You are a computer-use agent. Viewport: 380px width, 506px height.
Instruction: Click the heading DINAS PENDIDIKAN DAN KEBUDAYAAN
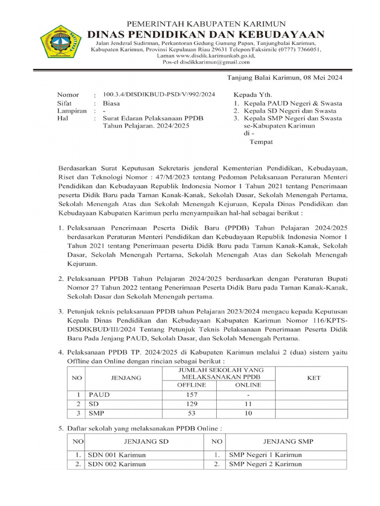click(206, 34)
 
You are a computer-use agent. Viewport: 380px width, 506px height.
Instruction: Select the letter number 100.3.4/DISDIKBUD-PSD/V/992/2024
click(159, 94)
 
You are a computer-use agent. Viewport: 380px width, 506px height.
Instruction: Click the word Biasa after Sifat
click(111, 103)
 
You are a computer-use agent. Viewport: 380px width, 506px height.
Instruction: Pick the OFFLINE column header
click(191, 385)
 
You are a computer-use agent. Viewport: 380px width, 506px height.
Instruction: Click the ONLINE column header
click(248, 385)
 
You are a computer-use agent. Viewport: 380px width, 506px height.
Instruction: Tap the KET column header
click(314, 378)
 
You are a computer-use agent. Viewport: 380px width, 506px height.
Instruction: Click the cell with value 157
click(191, 395)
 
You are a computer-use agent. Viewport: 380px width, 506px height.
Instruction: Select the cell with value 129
click(191, 404)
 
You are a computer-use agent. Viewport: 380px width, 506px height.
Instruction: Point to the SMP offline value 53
click(191, 413)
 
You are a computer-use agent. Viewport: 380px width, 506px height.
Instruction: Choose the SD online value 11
click(248, 404)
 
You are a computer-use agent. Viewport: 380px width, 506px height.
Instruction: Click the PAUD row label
click(99, 395)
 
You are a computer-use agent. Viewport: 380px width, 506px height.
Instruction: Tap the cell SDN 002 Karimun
click(117, 464)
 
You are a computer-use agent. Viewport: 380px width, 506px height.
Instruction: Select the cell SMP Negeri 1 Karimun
click(265, 455)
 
